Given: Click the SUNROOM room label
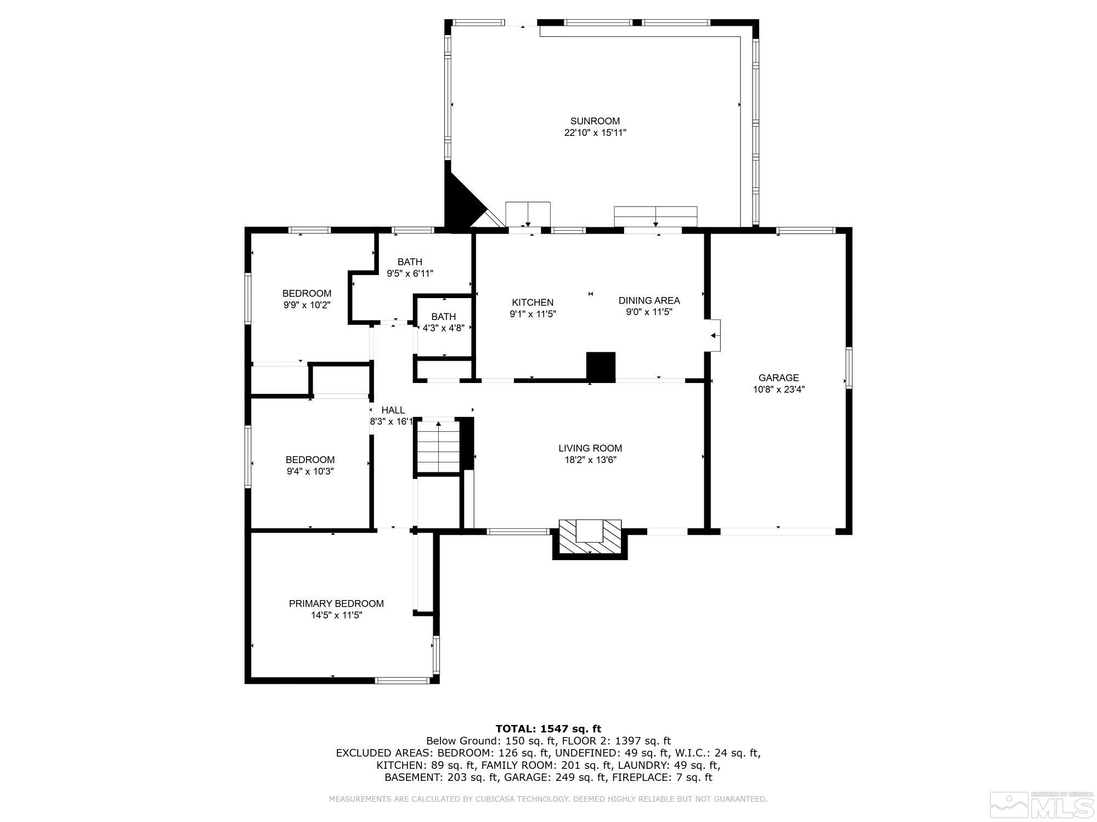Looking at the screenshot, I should [595, 121].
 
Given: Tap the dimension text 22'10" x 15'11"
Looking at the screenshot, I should [595, 133].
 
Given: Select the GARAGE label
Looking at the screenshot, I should [778, 378].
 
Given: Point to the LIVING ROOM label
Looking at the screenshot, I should [590, 448].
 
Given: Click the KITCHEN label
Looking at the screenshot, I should [532, 302].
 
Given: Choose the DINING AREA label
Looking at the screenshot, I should [649, 300].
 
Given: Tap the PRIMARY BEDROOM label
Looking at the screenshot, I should [336, 603].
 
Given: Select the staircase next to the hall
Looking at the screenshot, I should [438, 447].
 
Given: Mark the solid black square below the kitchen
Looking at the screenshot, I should [601, 366].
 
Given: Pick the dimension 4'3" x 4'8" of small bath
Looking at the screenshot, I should [443, 328].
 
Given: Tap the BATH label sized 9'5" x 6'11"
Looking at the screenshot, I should [410, 262].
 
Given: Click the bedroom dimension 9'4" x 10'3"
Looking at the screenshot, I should [310, 471].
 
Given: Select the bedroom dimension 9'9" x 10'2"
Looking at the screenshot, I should [307, 305].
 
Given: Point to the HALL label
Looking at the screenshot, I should [393, 410].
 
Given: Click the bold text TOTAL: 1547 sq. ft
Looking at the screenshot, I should [548, 728].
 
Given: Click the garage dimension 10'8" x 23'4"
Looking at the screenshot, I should [778, 390].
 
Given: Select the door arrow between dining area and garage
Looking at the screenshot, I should [714, 335].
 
